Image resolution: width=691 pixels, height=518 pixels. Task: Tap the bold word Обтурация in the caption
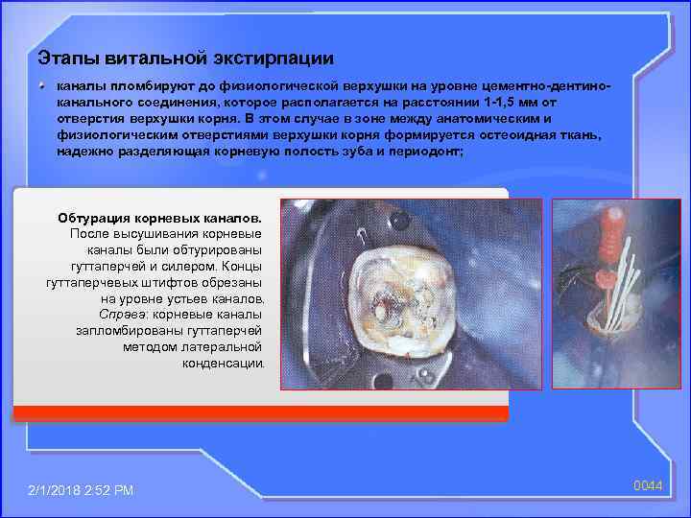tap(95, 218)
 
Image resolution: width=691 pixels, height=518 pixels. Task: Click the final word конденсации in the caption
tap(223, 363)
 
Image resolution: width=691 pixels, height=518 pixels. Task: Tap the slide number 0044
tap(648, 486)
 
